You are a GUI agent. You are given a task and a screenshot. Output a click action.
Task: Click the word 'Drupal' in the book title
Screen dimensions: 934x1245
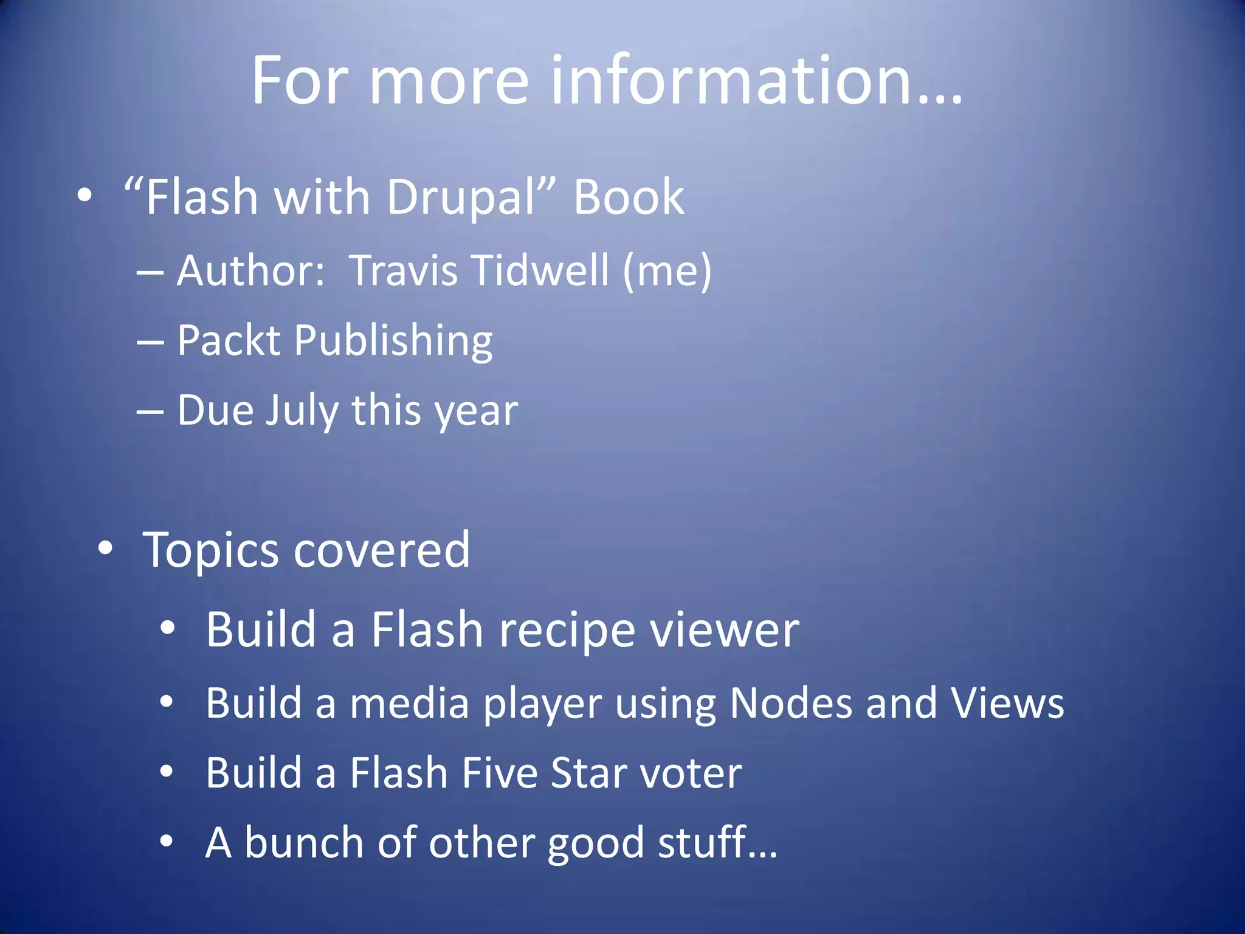[x=460, y=198]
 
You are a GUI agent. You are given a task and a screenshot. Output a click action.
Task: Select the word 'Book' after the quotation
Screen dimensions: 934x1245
[x=629, y=197]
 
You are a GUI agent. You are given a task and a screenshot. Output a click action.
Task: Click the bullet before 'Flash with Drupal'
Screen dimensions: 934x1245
[x=84, y=196]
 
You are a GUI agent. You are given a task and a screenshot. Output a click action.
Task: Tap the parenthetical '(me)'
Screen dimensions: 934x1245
[x=667, y=271]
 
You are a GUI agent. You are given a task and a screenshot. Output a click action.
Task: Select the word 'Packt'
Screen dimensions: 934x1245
[x=229, y=340]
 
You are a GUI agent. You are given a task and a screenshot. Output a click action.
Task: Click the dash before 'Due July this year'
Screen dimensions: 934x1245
[x=150, y=412]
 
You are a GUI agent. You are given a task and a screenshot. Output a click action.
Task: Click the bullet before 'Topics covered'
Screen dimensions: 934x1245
[x=105, y=548]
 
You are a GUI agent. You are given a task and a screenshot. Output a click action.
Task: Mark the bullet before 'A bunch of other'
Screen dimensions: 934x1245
[x=167, y=842]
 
